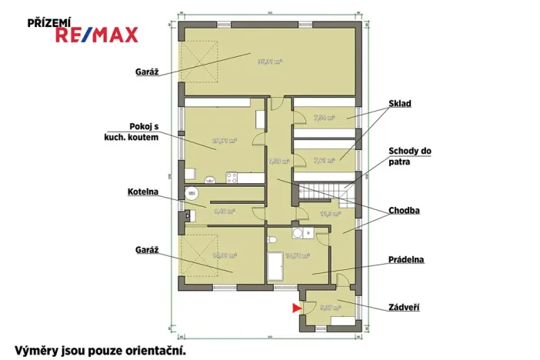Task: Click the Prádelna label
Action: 406,260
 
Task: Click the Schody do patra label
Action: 410,157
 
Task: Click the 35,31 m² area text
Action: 269,62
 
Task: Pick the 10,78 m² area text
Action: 297,255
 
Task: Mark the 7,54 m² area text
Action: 324,118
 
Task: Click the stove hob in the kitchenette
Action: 230,178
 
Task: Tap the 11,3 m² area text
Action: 329,214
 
